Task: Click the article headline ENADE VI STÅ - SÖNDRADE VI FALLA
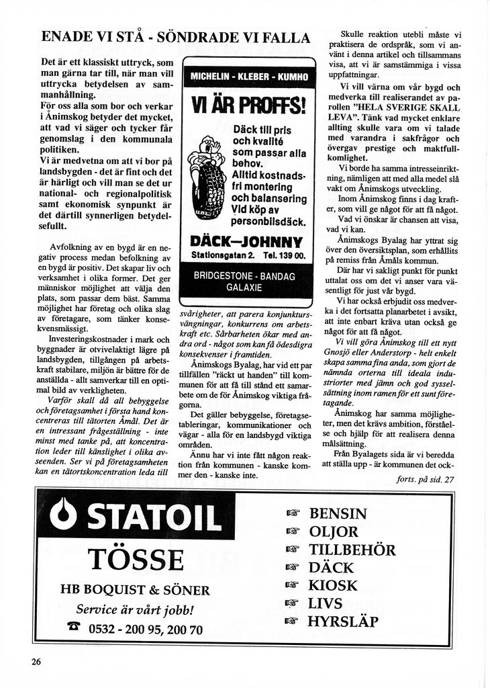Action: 176,38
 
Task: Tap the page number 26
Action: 36,661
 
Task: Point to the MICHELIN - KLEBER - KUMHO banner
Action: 248,77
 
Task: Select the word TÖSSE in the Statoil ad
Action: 135,560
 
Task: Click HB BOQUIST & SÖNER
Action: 135,591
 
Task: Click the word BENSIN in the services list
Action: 338,514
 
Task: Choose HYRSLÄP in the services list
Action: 342,621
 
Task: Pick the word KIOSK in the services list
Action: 333,585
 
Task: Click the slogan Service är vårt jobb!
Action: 135,610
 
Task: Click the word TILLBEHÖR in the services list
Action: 352,550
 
